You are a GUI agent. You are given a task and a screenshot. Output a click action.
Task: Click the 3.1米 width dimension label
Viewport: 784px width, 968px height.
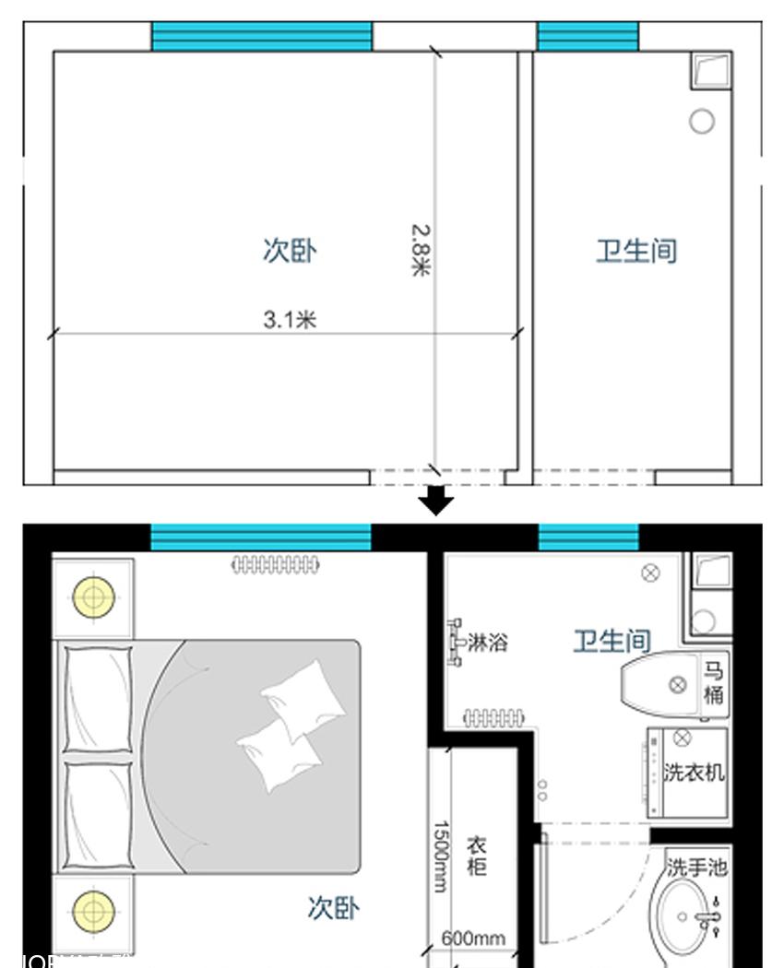(x=290, y=320)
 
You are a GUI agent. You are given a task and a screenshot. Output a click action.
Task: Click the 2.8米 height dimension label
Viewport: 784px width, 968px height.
(x=421, y=250)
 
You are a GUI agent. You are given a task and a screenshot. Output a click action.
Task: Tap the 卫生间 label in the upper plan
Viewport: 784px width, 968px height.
(x=636, y=250)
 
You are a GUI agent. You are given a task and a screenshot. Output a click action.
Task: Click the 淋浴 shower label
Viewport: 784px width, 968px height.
(x=487, y=642)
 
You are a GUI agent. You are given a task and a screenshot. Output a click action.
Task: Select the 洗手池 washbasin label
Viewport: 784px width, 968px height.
(x=697, y=867)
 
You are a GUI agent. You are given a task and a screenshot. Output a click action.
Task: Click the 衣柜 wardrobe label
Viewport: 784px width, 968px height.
(x=476, y=856)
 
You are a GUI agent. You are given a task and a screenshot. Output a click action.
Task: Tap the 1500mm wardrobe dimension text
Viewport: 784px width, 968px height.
(x=441, y=856)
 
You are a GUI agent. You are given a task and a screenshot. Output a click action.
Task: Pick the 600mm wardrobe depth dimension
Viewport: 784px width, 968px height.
(x=472, y=938)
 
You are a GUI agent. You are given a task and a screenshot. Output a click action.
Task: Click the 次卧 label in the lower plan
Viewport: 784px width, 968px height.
(x=333, y=908)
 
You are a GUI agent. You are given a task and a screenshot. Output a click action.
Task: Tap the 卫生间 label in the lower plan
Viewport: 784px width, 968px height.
(x=612, y=641)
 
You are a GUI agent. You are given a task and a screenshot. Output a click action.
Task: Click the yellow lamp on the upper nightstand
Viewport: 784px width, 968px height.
(x=93, y=597)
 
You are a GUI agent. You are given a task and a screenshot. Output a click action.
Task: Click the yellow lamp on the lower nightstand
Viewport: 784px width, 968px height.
(x=93, y=910)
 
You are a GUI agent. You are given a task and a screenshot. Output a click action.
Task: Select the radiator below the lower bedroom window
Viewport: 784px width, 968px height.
(x=276, y=564)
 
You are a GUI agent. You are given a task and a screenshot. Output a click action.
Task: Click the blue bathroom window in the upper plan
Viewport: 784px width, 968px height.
(x=588, y=37)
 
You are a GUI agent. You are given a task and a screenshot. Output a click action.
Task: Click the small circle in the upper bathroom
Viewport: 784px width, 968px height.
(x=702, y=121)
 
